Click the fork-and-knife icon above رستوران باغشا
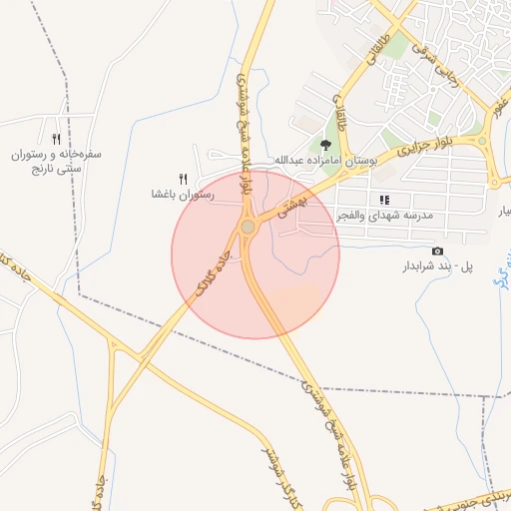pos(183,178)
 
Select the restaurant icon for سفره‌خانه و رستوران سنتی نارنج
pos(56,140)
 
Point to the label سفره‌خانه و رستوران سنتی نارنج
pos(58,164)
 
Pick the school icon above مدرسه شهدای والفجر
pos(385,200)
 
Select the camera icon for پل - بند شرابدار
pos(436,251)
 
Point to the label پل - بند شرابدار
pos(436,266)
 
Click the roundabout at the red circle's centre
pos(248,229)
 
